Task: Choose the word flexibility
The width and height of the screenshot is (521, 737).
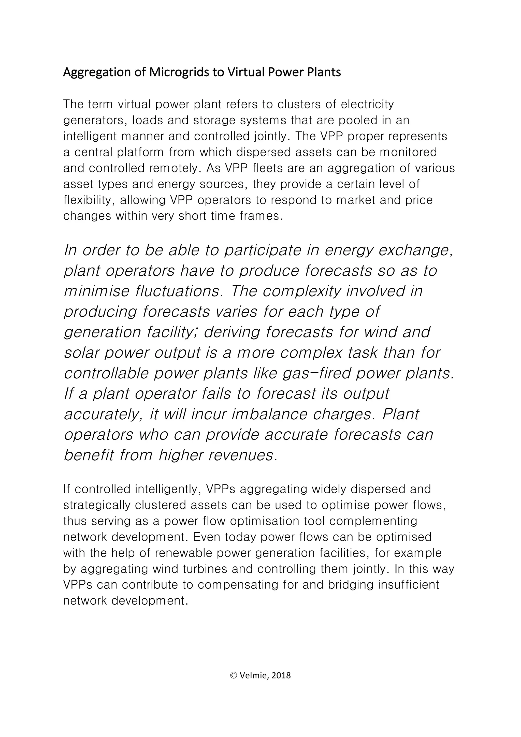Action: [90, 200]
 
